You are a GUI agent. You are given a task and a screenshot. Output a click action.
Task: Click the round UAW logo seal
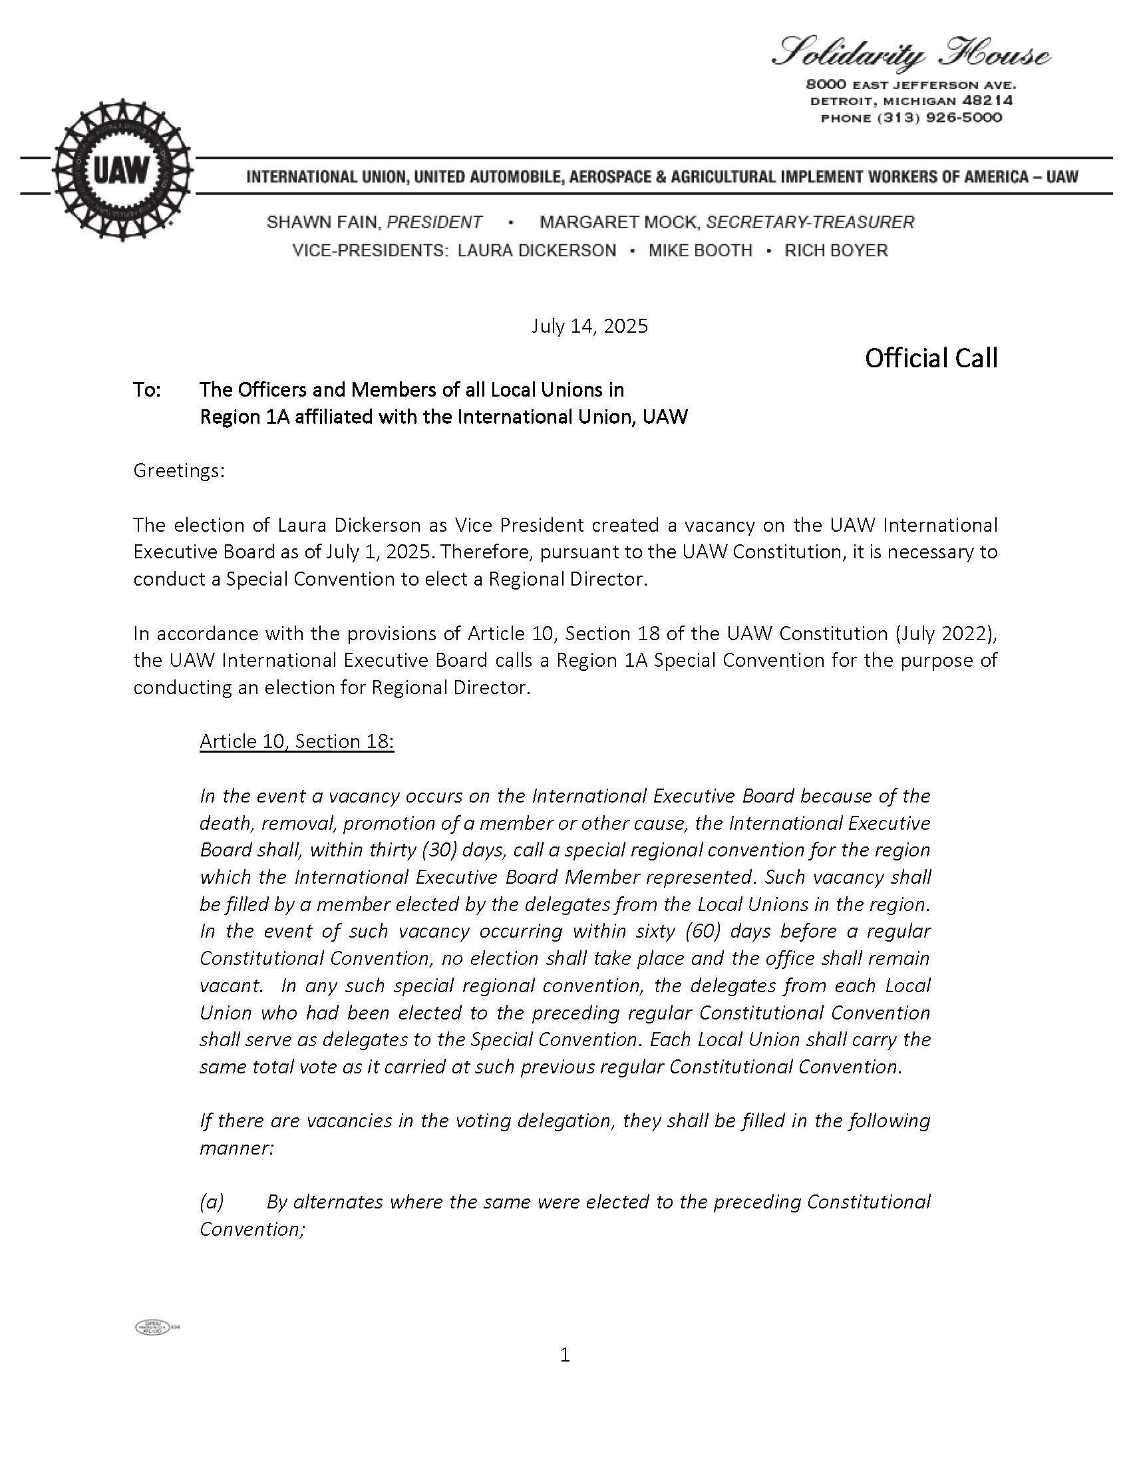coord(122,170)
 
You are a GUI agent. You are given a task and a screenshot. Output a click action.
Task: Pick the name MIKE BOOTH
coord(700,251)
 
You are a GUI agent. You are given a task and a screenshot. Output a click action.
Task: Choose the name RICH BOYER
coord(836,251)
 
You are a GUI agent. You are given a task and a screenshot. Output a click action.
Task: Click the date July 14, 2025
coord(589,327)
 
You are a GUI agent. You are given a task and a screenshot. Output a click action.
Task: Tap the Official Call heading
coord(931,359)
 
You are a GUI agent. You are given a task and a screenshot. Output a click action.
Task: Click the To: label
coord(147,390)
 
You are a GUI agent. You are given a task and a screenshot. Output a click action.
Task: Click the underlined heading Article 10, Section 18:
coord(297,741)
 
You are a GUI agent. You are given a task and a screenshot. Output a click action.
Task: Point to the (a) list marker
coord(212,1202)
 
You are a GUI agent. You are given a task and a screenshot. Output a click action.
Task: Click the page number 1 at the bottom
coord(565,1356)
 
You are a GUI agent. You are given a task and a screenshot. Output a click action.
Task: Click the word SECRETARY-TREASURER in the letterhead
coord(810,222)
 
